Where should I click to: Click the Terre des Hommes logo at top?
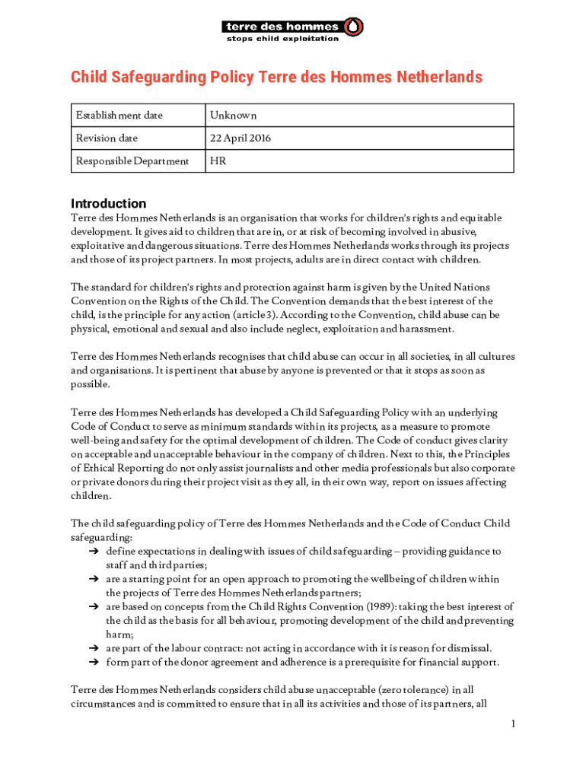click(x=291, y=28)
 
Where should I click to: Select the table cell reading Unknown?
click(x=234, y=116)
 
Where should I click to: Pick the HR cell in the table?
click(x=218, y=161)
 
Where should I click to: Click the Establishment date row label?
click(x=119, y=116)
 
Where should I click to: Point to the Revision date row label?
click(x=107, y=138)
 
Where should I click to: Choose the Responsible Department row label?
click(x=132, y=161)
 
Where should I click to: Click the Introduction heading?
click(x=108, y=204)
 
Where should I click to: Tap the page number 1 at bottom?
click(x=514, y=723)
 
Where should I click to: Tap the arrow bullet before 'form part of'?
click(x=94, y=663)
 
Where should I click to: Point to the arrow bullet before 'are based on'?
click(x=94, y=607)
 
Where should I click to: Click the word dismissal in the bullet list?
click(x=468, y=648)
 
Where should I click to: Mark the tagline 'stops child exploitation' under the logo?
click(x=282, y=39)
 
